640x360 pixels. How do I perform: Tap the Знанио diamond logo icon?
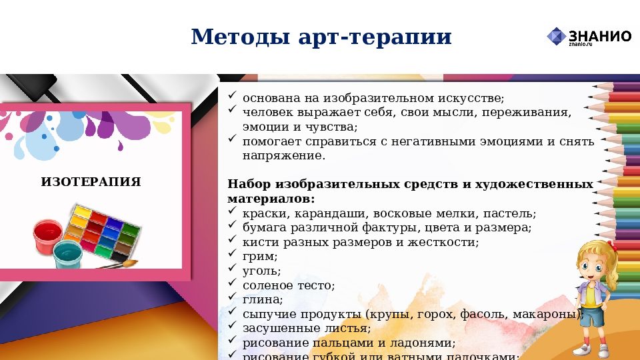coord(556,36)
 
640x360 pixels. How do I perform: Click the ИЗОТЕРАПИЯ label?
coord(91,181)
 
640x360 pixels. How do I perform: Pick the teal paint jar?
coord(68,254)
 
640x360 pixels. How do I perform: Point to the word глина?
coord(263,300)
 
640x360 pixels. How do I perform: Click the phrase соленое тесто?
coord(288,285)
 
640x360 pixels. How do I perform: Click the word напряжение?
coord(283,155)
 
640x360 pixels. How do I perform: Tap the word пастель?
coord(511,213)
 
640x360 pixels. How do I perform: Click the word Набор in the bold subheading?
coord(247,184)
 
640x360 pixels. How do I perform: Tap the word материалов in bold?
coord(271,199)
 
